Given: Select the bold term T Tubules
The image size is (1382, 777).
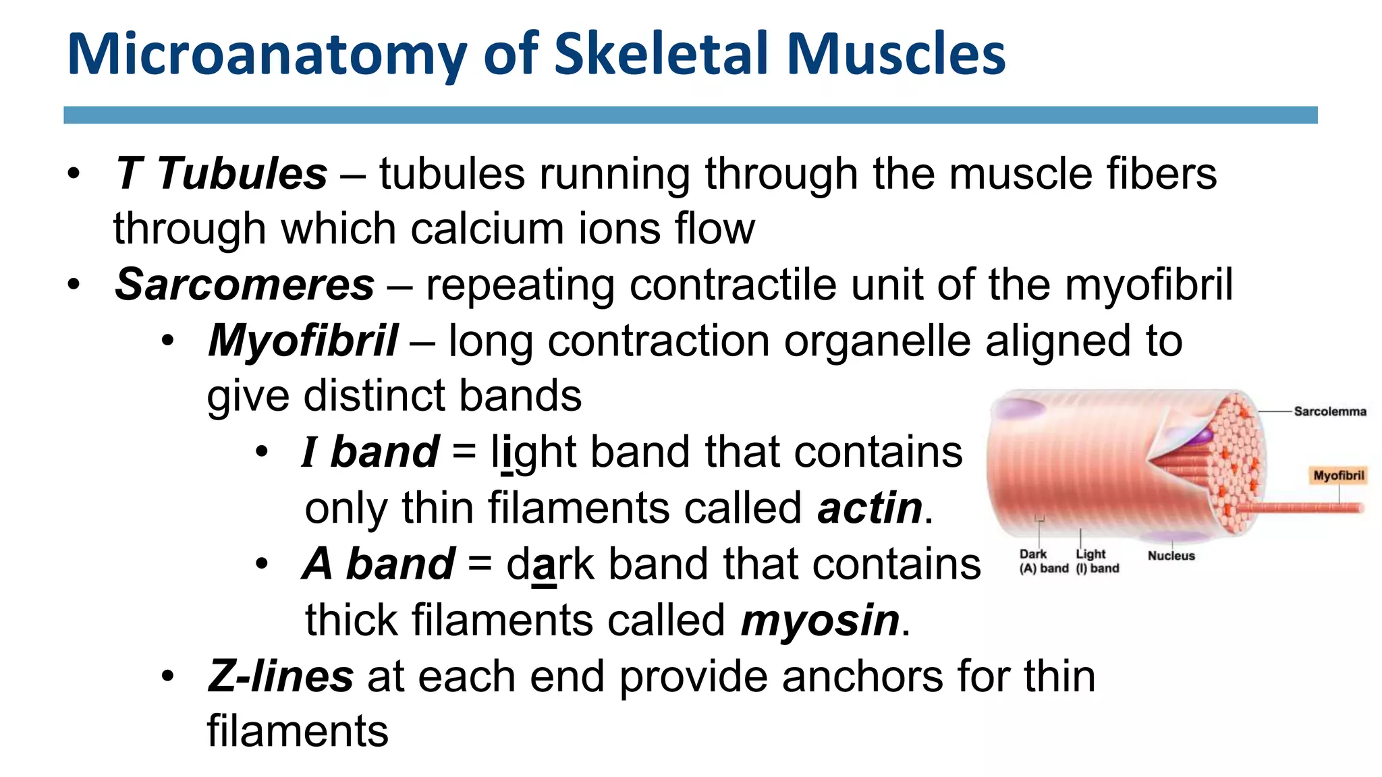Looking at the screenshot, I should click(221, 173).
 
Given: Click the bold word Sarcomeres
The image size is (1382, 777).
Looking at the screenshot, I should click(244, 285).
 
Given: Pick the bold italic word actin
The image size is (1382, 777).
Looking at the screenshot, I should click(869, 508).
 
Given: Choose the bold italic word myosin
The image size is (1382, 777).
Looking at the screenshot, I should click(820, 620).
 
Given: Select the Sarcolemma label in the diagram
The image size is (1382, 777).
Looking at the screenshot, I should click(1329, 411).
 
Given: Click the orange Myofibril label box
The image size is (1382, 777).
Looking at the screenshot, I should click(1338, 476).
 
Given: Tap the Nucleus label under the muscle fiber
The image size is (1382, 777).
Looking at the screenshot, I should click(1171, 556).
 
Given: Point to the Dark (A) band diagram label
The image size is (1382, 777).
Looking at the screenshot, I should click(1043, 561).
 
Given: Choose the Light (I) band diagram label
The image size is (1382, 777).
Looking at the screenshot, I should click(1097, 561).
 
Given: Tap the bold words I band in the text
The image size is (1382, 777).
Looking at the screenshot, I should click(370, 452).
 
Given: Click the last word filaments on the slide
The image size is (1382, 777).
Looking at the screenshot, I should click(298, 731).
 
